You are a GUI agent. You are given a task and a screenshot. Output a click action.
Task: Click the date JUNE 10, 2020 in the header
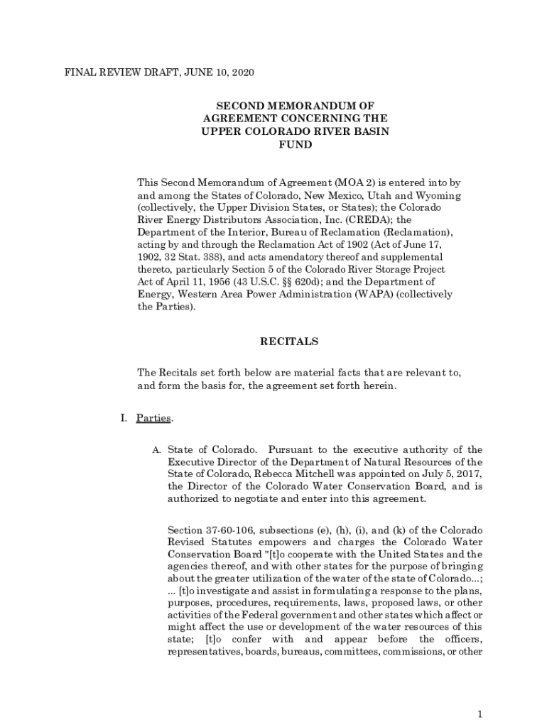point(217,72)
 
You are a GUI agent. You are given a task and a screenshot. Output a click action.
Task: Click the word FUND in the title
point(295,144)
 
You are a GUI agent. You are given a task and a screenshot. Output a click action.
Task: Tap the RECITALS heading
point(289,341)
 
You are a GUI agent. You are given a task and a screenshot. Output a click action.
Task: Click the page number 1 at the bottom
point(480,714)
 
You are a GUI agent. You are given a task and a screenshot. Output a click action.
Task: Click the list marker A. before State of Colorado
point(156,449)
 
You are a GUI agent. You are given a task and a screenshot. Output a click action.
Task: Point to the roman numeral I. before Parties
point(123,418)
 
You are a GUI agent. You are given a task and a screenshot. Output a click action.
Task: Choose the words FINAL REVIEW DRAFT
point(119,72)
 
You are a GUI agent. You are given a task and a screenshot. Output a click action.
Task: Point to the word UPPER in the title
point(220,131)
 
